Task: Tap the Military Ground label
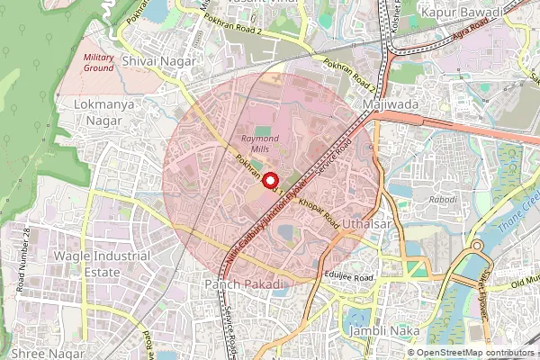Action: tap(99, 62)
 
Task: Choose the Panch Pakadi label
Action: tap(244, 284)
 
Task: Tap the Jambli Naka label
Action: tap(384, 331)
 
